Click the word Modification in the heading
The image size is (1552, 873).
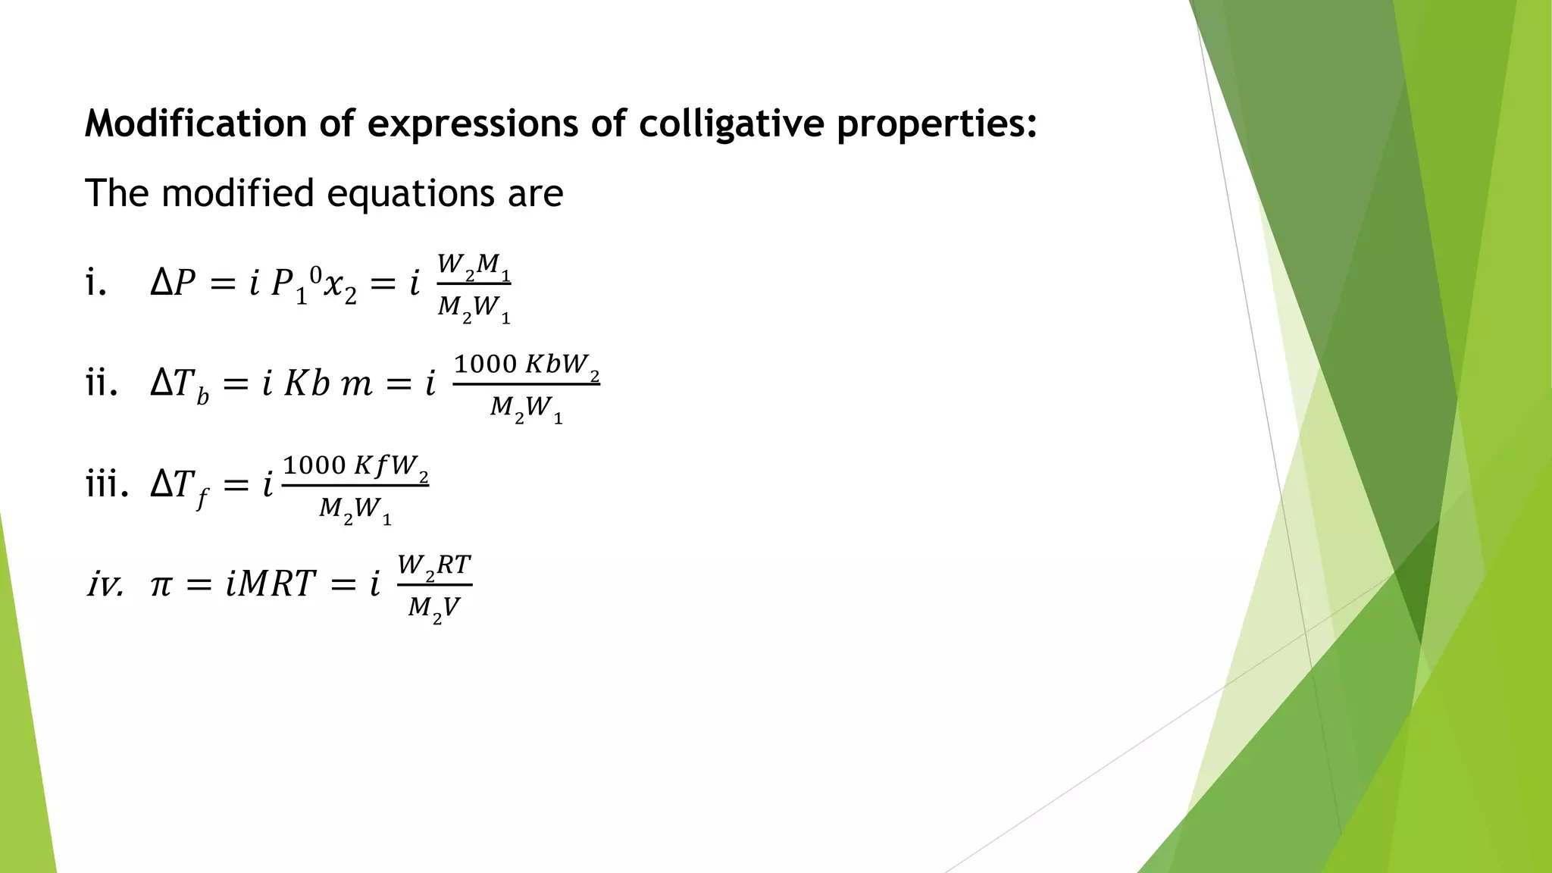(x=196, y=124)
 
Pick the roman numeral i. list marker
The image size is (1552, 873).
(x=95, y=283)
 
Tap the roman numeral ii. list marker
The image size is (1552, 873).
(x=102, y=383)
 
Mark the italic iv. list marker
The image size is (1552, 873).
(x=105, y=585)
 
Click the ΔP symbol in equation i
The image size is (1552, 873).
(x=173, y=283)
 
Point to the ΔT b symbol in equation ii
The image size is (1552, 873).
(x=180, y=386)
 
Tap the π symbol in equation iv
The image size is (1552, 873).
(x=161, y=585)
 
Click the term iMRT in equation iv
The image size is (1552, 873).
(x=270, y=584)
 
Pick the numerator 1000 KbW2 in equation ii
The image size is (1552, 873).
(x=527, y=365)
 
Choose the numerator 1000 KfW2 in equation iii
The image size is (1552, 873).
(x=355, y=465)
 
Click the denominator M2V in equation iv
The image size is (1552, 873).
(x=434, y=609)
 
